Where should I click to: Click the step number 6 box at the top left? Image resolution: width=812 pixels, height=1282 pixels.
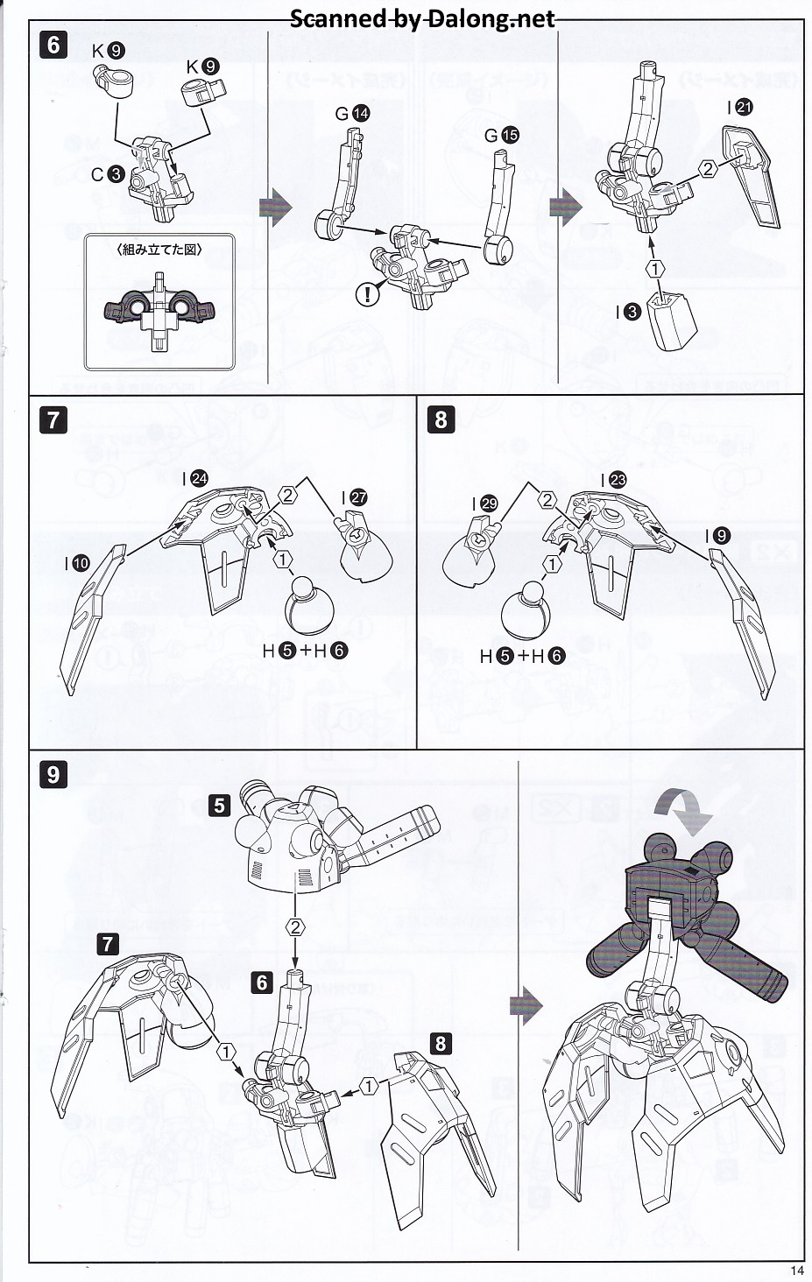53,44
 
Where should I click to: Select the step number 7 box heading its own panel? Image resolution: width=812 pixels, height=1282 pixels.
53,419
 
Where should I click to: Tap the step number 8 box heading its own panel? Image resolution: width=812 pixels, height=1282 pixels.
441,419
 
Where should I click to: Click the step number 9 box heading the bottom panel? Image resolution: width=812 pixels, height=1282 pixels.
53,774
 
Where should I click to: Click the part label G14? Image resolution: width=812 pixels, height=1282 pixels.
352,113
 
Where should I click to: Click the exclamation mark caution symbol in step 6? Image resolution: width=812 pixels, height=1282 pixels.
368,294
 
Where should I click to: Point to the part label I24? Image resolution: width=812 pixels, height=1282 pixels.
194,478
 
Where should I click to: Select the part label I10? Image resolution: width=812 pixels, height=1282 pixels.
75,564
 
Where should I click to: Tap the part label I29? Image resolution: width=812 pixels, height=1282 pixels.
484,504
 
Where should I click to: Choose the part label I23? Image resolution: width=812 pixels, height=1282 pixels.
614,480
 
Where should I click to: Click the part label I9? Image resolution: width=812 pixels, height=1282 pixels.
721,536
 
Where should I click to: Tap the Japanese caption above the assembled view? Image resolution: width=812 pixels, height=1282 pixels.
159,250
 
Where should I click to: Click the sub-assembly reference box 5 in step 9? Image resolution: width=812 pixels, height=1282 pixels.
219,804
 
